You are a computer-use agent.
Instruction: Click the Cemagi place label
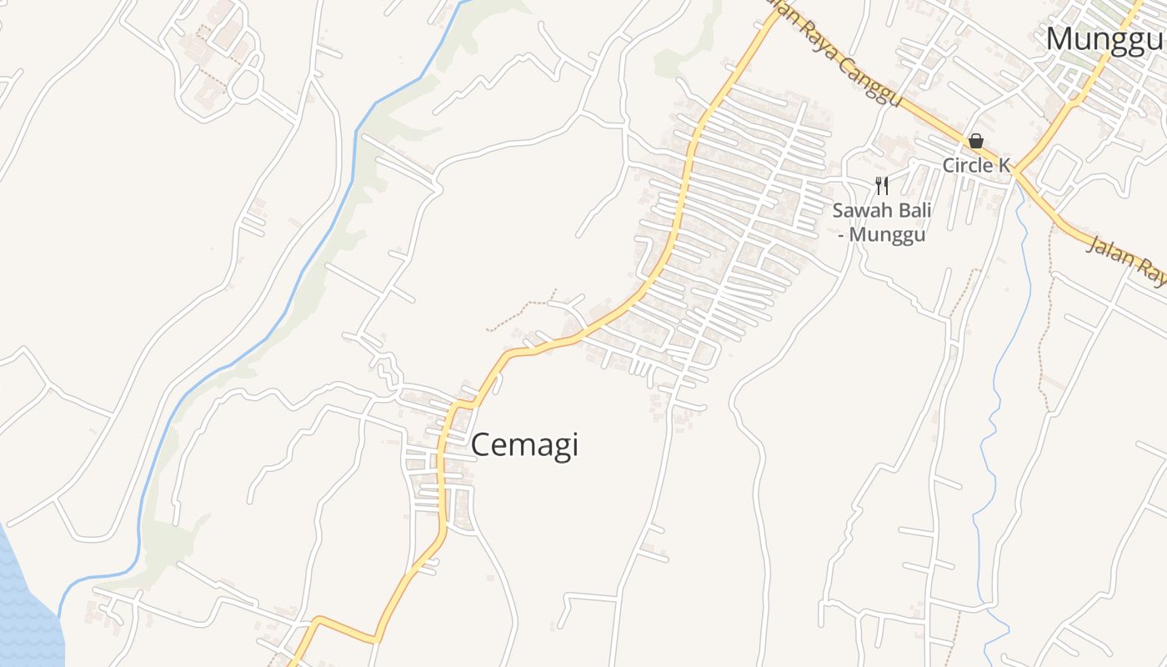pos(524,445)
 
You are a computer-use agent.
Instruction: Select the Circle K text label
pos(976,165)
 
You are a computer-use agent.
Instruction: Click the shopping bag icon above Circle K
pos(975,141)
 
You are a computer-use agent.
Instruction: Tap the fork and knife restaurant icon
pos(882,185)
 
